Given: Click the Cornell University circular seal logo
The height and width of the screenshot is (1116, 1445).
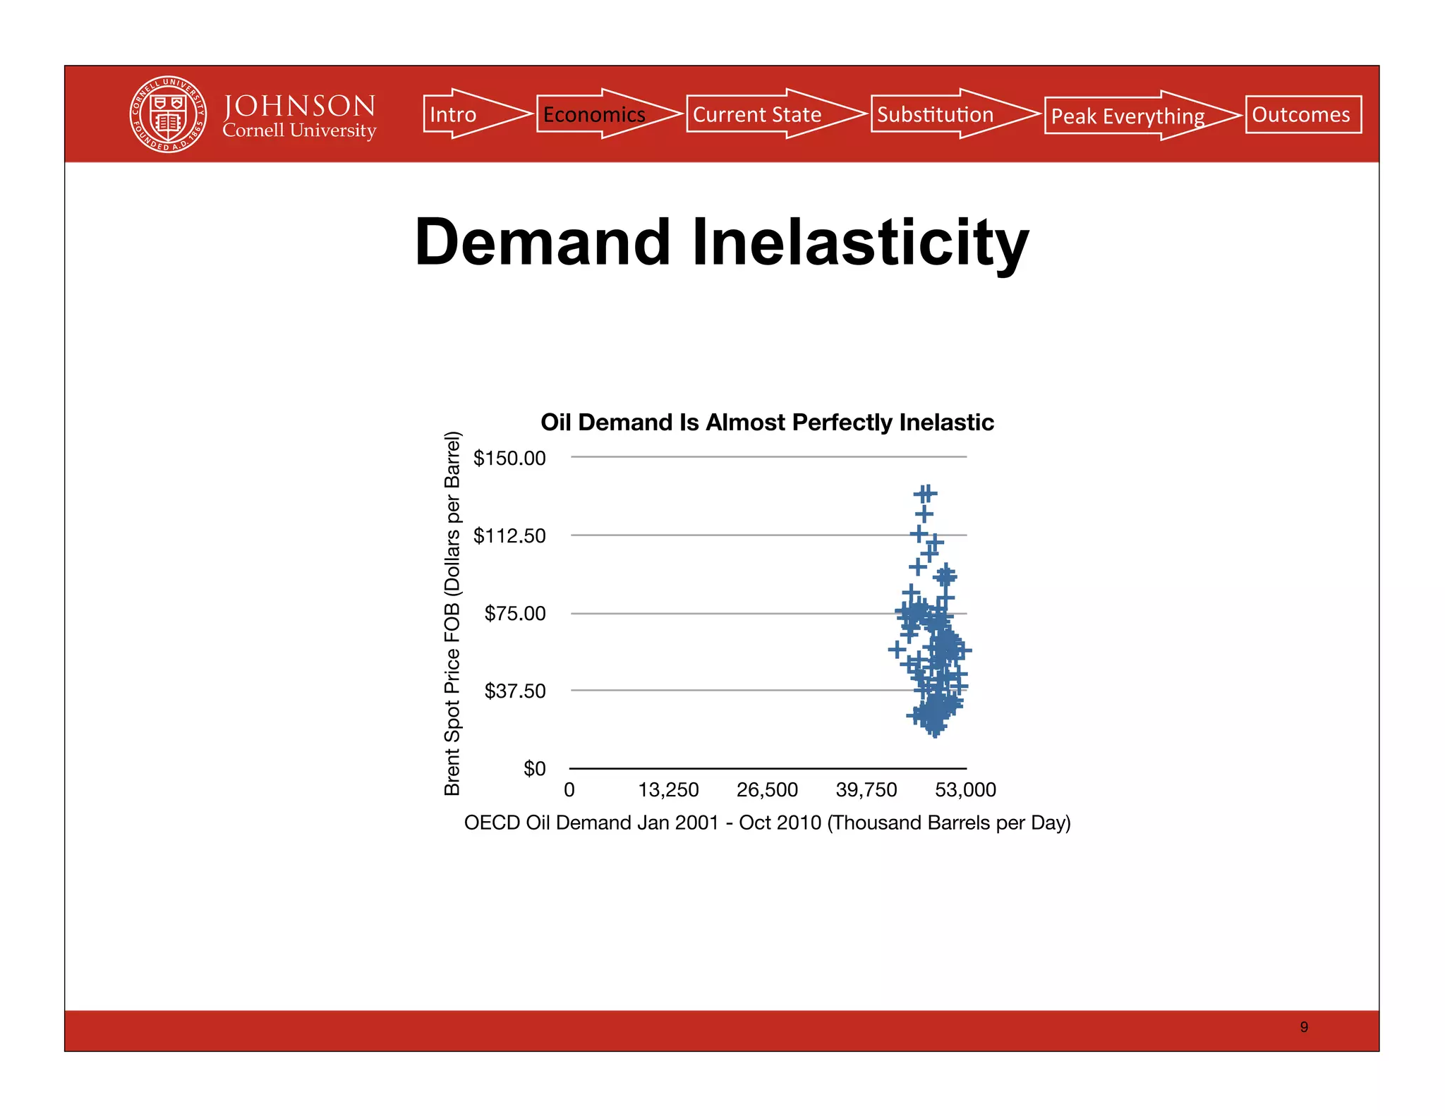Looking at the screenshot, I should coord(168,114).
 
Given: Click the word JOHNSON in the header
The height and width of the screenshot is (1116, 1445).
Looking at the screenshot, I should coord(299,106).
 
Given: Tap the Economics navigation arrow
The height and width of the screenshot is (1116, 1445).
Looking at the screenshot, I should coord(600,114).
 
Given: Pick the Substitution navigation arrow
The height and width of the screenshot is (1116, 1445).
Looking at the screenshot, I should coord(945,114).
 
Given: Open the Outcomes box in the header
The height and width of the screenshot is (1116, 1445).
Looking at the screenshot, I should coord(1302,114).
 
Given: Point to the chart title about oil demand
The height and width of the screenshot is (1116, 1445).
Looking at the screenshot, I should coord(767,422).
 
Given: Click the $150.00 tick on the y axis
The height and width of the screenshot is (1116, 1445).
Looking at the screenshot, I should coord(509,458).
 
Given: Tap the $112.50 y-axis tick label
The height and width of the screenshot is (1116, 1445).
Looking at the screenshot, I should coord(509,535).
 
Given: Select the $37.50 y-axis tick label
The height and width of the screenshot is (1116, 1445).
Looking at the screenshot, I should coord(515,691).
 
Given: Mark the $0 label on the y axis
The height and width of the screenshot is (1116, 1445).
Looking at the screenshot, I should coord(534,768).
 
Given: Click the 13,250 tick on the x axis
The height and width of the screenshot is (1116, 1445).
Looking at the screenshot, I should coord(668,789).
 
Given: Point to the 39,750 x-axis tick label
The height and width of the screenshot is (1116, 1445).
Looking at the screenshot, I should coord(866,789).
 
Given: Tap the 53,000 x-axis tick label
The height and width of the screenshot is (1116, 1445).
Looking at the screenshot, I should coord(965,789).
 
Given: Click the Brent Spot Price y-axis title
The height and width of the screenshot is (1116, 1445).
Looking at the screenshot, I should coord(452,613).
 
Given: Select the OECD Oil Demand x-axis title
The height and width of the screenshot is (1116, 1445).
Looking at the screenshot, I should coord(767,823).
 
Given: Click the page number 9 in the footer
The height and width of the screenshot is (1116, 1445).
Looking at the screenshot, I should coord(1304,1027).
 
